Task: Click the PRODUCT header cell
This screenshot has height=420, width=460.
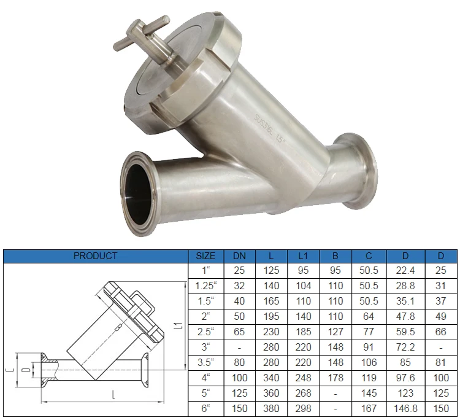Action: tap(95, 255)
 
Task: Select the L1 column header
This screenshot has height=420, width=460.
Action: tap(303, 255)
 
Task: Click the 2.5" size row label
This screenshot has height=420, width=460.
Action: tap(204, 332)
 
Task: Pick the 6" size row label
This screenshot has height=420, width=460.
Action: tap(204, 408)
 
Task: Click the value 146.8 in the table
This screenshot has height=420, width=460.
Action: tap(404, 408)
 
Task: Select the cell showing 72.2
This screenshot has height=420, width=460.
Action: tap(404, 347)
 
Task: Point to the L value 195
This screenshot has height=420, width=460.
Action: tap(271, 316)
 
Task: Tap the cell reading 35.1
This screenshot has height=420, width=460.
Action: tap(404, 301)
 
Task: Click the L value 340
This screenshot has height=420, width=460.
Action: tap(271, 378)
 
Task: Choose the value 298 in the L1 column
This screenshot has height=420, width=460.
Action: tap(303, 408)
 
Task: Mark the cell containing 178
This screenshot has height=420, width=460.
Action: tap(335, 378)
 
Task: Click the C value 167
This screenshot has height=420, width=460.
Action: tap(369, 408)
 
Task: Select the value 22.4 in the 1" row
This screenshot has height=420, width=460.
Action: tap(404, 270)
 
